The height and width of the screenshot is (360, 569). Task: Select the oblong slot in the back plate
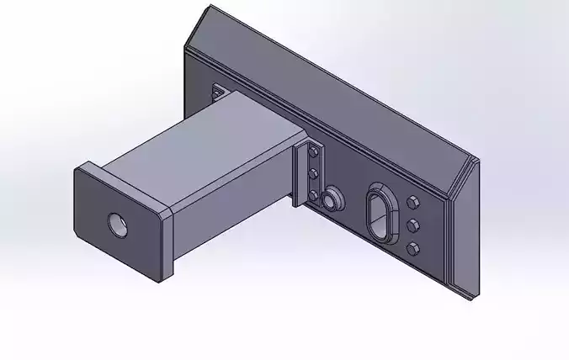(x=379, y=214)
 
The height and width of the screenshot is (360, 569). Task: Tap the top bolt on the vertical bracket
(x=315, y=151)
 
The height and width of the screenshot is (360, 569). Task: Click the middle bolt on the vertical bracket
(x=314, y=174)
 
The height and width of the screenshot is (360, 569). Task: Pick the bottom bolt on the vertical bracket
(x=313, y=196)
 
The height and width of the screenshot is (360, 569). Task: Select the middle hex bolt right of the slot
(x=413, y=225)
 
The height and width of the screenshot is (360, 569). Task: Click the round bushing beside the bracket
(x=332, y=199)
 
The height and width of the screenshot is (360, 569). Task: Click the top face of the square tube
(x=202, y=135)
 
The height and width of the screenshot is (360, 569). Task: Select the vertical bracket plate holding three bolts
(x=303, y=172)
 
